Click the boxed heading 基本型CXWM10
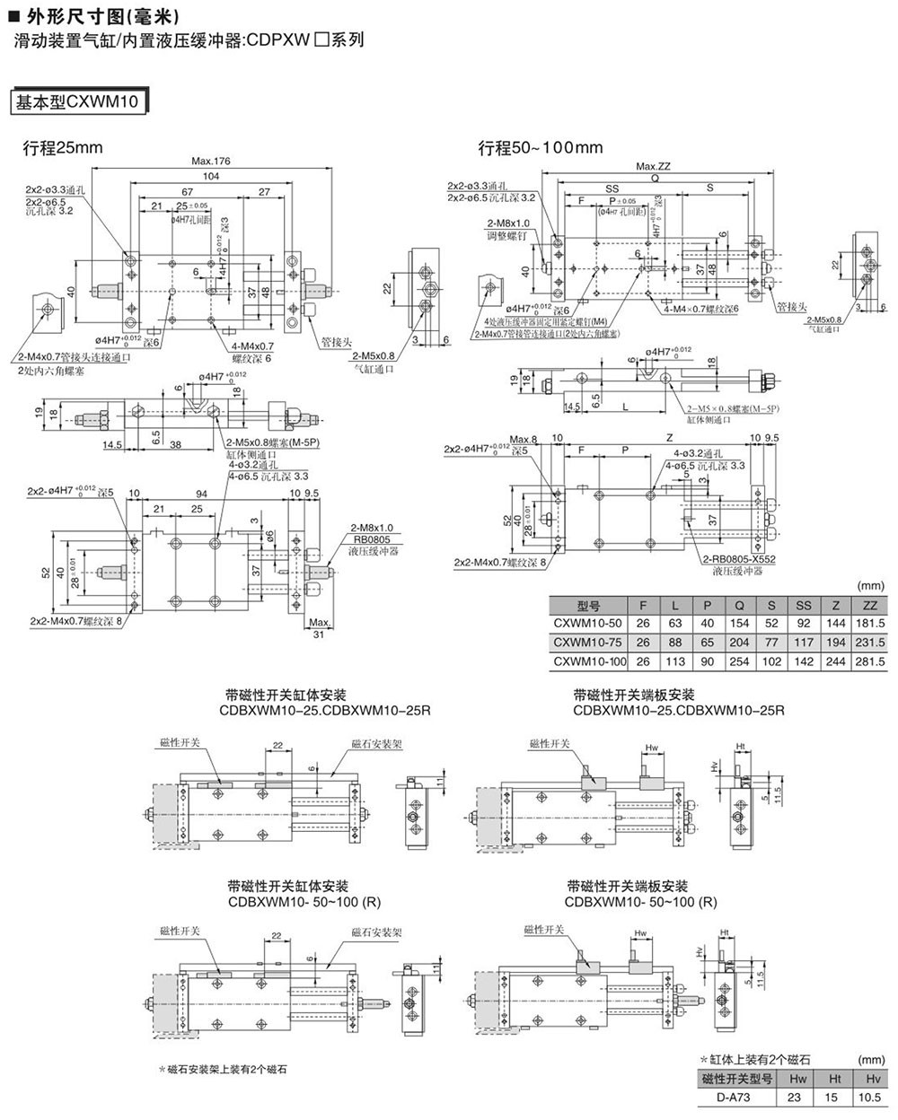pos(77,102)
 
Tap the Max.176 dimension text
pos(211,162)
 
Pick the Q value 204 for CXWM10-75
pos(740,643)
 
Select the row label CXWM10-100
pos(588,661)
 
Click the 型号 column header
pos(588,606)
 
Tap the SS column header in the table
pos(803,606)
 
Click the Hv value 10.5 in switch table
pos(867,1097)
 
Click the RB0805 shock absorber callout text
pos(366,539)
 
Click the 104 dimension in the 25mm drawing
pos(211,176)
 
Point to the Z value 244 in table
pos(836,661)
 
